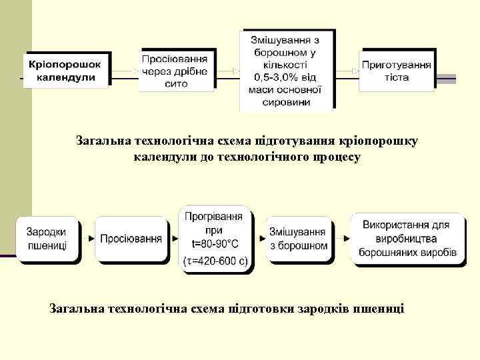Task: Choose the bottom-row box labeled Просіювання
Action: coord(131,239)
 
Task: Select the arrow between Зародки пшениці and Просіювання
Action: coord(91,238)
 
